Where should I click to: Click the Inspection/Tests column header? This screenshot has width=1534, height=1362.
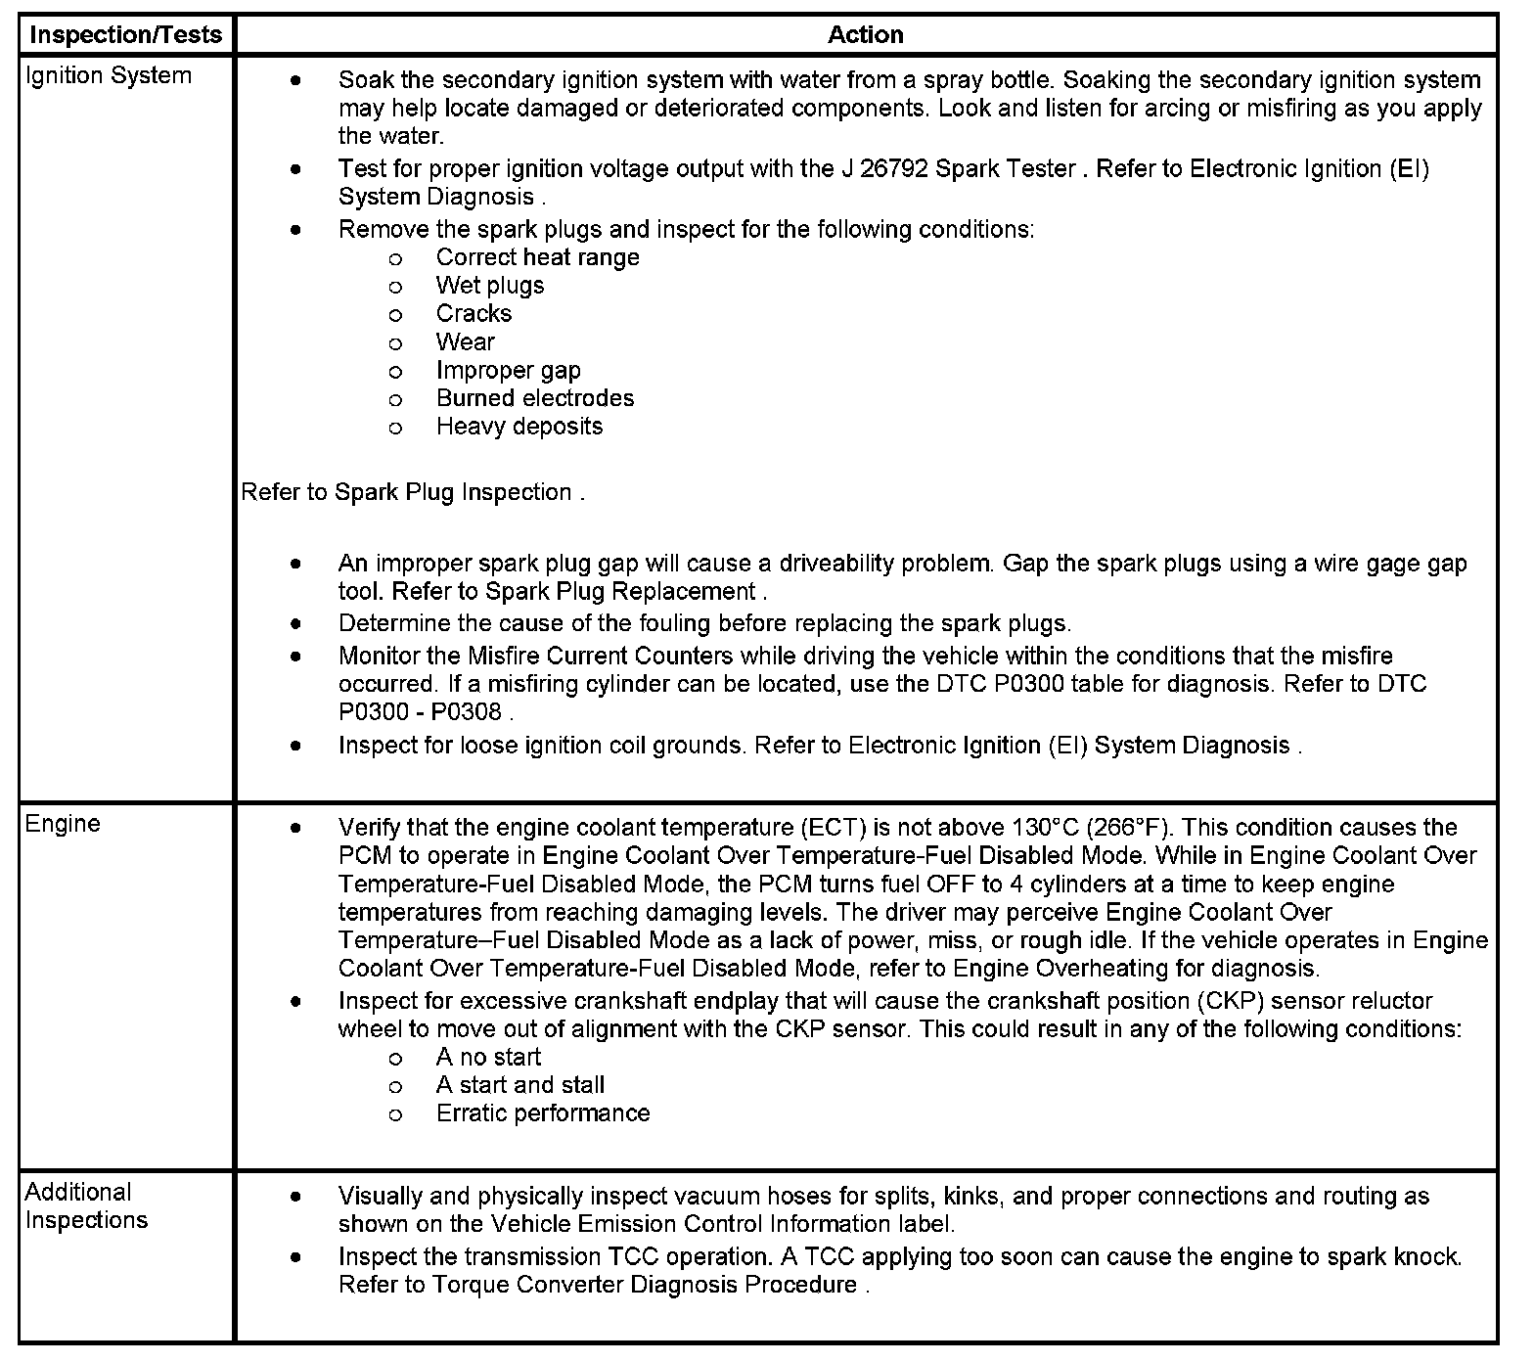point(126,35)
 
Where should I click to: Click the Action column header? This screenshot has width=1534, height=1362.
point(865,35)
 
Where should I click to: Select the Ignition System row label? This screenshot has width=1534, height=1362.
point(108,76)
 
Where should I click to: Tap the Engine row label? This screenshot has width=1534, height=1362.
point(63,824)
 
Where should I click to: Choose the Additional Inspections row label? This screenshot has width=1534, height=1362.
point(86,1206)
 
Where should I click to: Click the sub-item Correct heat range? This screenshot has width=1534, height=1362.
point(537,257)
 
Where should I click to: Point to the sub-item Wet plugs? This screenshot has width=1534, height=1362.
point(489,286)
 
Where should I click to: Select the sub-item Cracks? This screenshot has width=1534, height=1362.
point(474,314)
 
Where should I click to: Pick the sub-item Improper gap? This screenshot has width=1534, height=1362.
point(508,371)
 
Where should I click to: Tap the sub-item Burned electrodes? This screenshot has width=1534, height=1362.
point(534,398)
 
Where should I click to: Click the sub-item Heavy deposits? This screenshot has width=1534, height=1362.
point(519,427)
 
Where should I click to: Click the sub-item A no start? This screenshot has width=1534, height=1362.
point(487,1058)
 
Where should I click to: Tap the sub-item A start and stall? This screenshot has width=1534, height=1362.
point(519,1085)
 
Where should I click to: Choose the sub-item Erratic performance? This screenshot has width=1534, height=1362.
point(542,1113)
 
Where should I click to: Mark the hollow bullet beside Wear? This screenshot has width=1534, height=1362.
point(395,343)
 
